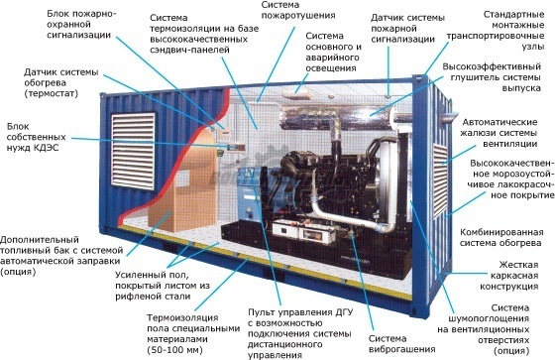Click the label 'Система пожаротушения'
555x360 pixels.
(298, 10)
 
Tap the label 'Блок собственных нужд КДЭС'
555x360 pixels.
(36, 137)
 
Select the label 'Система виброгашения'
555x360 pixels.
(401, 344)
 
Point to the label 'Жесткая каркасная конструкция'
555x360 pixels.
(508, 276)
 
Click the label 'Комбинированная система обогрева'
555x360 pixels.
(501, 238)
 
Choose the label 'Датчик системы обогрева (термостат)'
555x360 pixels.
(60, 83)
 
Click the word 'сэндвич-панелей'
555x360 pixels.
(189, 50)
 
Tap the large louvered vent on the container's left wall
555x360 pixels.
(133, 152)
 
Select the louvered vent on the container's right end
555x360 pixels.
(440, 180)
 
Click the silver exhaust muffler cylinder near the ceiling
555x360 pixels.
(339, 118)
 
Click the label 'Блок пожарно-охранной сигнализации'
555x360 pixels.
(81, 25)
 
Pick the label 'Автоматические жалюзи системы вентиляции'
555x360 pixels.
(499, 133)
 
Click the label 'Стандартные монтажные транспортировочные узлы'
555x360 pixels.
(496, 31)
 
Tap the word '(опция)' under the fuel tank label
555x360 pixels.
(18, 272)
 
